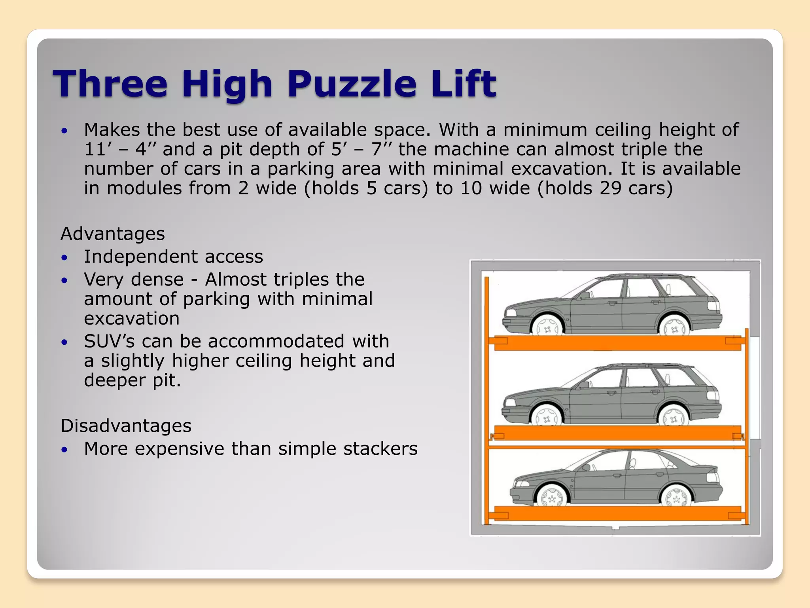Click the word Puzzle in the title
352,84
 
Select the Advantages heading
113,234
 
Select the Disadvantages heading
126,426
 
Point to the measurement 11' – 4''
121,150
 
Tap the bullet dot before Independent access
65,258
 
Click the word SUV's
109,341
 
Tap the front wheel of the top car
548,327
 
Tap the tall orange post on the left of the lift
487,400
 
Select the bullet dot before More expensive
65,450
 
